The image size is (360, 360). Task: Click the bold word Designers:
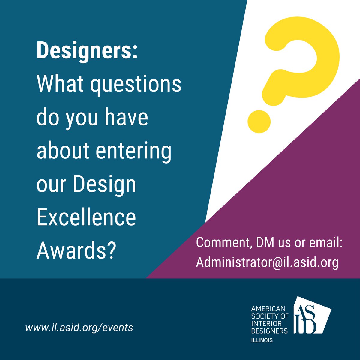pos(87,50)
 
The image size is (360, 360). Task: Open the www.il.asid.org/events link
pos(79,327)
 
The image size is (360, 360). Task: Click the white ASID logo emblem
pos(310,315)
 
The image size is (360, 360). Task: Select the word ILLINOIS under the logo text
pos(262,340)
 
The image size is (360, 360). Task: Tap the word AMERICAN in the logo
pos(268,308)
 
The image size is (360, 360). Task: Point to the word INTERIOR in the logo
pos(266,323)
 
